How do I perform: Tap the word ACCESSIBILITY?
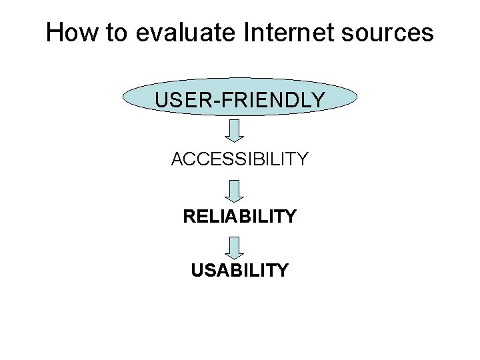[240, 159]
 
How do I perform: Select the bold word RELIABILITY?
[240, 216]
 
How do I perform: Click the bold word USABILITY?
[240, 270]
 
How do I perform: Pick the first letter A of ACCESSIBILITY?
[178, 159]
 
